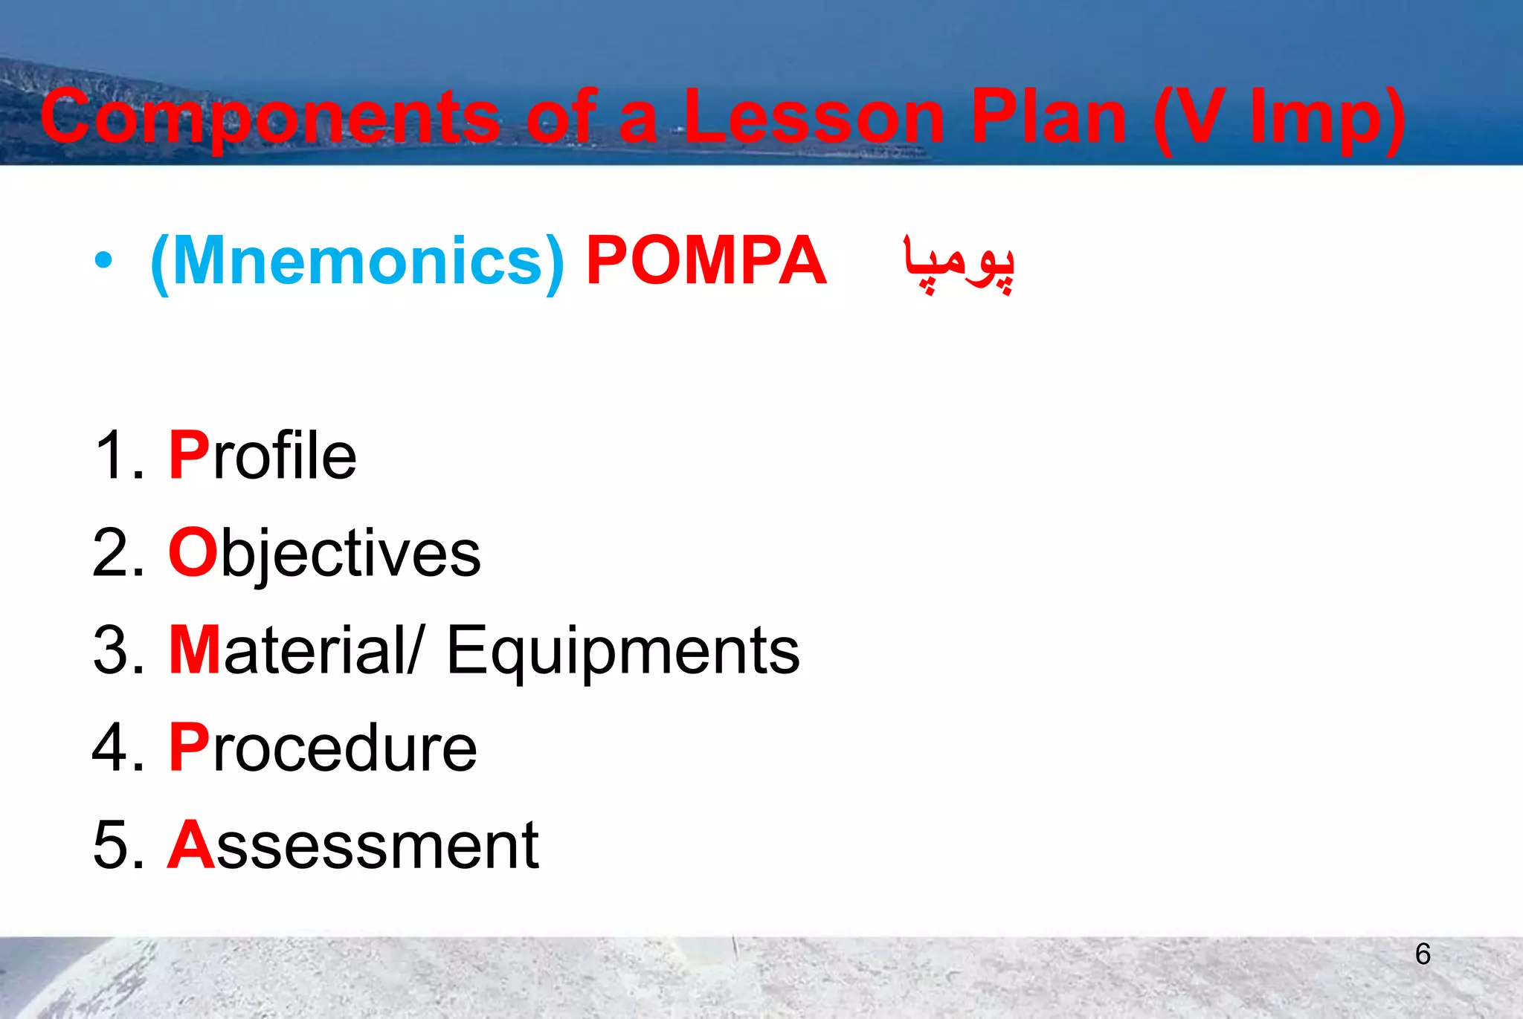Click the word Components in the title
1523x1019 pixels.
coord(270,117)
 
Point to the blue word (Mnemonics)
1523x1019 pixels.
coord(357,262)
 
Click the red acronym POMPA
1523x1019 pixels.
coord(706,261)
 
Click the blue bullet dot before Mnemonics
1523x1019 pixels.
coord(103,261)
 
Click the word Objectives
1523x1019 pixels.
coord(324,554)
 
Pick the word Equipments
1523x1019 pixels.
coord(622,651)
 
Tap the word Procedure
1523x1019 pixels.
coord(323,748)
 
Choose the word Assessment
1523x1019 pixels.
coord(353,845)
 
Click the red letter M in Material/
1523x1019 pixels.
coord(194,650)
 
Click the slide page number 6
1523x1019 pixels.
coord(1423,954)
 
